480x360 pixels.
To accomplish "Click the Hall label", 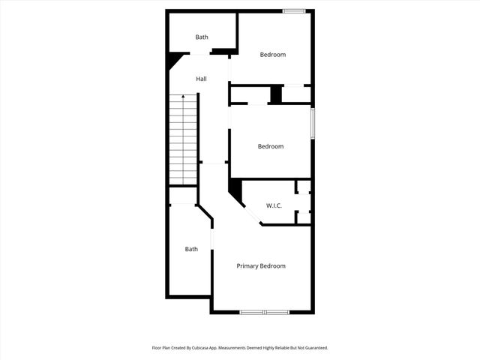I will [x=201, y=79].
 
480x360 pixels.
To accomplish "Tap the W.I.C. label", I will [x=274, y=205].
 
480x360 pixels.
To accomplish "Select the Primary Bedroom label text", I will [x=261, y=266].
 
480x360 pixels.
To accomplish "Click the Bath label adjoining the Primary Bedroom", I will [x=192, y=249].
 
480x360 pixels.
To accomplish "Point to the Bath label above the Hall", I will [x=202, y=37].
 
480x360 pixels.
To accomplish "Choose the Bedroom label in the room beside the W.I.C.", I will [x=271, y=146].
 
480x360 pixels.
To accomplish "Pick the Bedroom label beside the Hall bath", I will [x=273, y=54].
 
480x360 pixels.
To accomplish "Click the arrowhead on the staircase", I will [x=184, y=97].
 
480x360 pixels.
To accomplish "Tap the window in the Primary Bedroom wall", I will [x=264, y=312].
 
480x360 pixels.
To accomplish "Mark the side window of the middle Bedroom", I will [x=313, y=123].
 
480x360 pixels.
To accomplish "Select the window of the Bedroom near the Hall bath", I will [x=293, y=10].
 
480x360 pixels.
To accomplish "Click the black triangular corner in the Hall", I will [x=174, y=58].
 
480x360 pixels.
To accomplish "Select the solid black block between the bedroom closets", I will [x=275, y=95].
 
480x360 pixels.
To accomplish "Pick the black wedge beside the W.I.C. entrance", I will [x=235, y=190].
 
